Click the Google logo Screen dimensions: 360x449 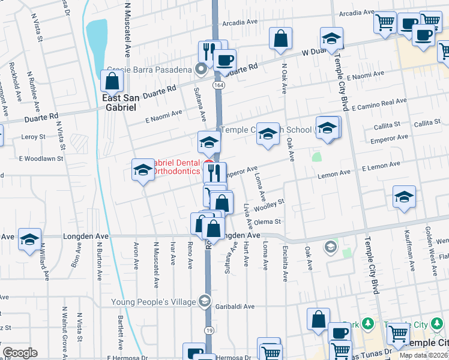tap(20, 353)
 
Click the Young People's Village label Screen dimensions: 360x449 tap(158, 301)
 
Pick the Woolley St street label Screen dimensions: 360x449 tap(268, 206)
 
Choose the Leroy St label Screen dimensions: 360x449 tap(33, 137)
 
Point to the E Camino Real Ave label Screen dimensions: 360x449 tap(379, 106)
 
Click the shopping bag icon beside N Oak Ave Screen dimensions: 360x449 tap(280, 39)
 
